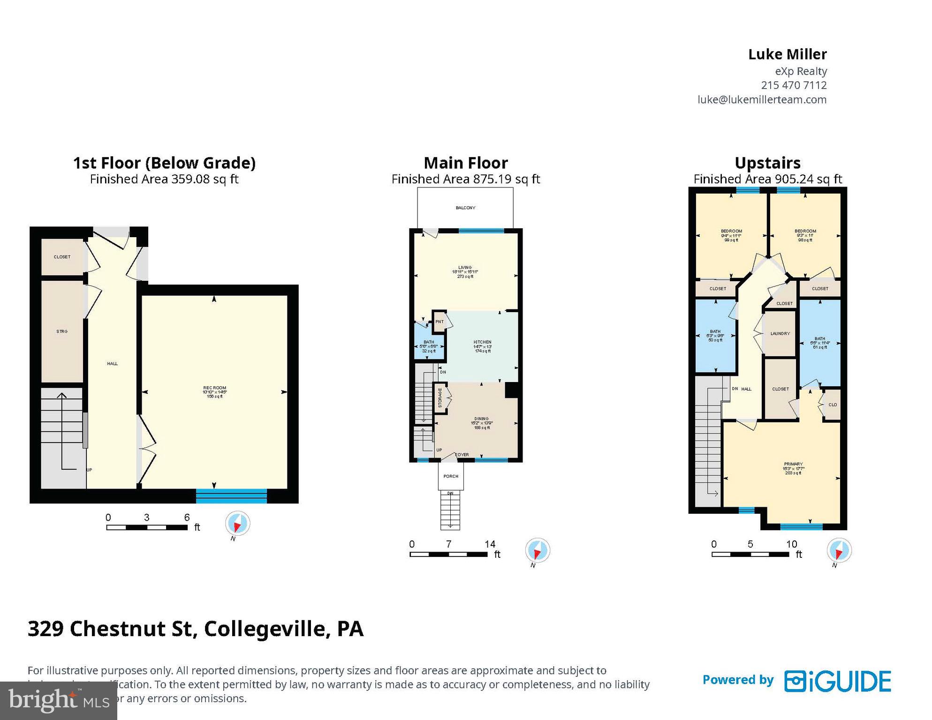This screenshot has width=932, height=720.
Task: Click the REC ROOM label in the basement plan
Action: [214, 388]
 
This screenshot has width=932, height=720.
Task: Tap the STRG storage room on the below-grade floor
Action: [62, 331]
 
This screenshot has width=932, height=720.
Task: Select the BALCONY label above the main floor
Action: [465, 208]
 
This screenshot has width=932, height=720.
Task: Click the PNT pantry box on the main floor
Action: [439, 322]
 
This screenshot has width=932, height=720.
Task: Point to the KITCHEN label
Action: [482, 342]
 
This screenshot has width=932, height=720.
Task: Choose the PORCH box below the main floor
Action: [451, 476]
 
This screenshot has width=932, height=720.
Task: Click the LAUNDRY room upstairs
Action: [780, 334]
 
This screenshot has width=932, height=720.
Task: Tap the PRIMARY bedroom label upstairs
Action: [793, 464]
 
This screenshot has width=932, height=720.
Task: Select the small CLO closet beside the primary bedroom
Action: [833, 405]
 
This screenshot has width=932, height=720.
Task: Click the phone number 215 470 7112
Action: [794, 85]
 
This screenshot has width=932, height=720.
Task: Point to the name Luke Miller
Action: [787, 54]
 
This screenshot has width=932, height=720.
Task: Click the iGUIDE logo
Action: [838, 681]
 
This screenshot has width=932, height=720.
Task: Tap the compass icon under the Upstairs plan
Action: [839, 550]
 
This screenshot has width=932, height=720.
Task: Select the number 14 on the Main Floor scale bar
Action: [490, 544]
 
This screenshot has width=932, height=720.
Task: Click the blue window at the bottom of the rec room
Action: [231, 495]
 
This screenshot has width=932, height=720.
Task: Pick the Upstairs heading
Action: [767, 163]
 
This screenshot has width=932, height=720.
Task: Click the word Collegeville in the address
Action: [265, 629]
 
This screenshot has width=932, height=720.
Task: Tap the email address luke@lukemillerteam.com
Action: [762, 99]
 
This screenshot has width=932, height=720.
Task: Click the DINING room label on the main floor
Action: [481, 419]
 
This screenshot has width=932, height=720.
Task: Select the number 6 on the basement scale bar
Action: [187, 517]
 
